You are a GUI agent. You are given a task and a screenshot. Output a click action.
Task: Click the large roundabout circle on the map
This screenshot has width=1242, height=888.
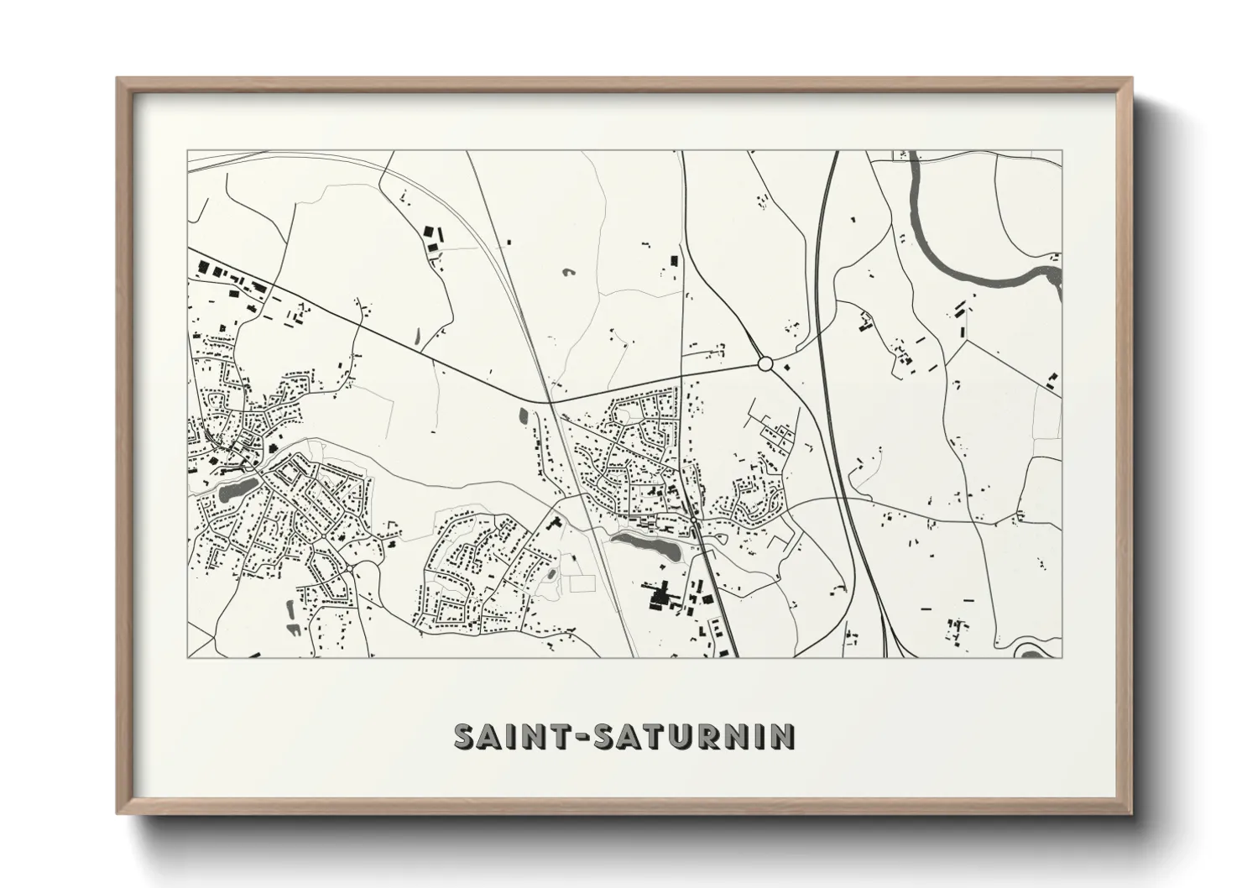click(x=765, y=363)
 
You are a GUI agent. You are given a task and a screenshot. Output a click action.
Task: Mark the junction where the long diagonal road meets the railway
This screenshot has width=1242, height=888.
click(x=550, y=402)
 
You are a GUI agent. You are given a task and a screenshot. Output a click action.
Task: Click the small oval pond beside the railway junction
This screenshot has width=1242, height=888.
click(x=523, y=415)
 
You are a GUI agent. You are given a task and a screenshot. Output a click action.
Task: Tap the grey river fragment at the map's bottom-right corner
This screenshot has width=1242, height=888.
click(x=1034, y=650)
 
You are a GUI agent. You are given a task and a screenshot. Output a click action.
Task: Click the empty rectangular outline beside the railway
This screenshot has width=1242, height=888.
click(x=582, y=581)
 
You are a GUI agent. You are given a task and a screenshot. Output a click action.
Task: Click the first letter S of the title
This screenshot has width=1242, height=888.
click(x=465, y=736)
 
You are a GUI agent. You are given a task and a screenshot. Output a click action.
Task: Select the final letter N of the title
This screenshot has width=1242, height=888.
click(x=784, y=736)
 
